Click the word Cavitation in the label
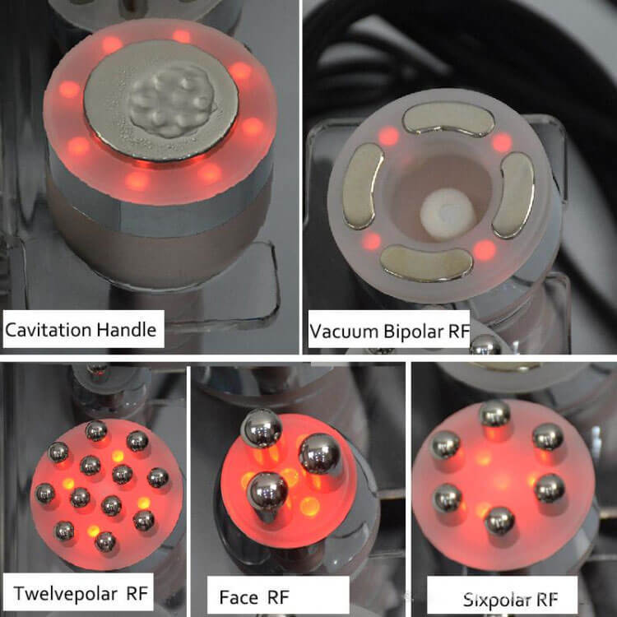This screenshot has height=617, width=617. click(48, 330)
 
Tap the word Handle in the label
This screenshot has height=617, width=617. click(127, 329)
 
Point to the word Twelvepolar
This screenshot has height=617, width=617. click(65, 593)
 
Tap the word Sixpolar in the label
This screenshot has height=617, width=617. click(497, 600)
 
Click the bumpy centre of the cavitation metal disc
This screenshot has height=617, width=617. click(172, 100)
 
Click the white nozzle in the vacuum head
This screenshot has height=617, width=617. click(448, 214)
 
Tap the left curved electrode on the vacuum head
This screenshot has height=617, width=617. click(363, 186)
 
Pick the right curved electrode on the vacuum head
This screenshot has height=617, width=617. click(513, 195)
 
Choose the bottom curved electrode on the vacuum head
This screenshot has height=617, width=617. click(426, 262)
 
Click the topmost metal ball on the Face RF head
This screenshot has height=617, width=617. click(262, 428)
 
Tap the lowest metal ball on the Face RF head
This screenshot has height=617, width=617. click(267, 492)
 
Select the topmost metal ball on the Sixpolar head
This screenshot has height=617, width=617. click(494, 413)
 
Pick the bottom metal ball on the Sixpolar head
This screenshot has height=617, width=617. click(500, 521)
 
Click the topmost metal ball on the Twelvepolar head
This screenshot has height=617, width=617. click(96, 430)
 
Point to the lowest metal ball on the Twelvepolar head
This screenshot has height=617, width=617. click(105, 541)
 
